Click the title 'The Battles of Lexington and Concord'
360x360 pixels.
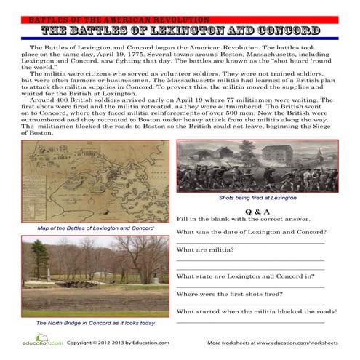pyautogui.click(x=180, y=31)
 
